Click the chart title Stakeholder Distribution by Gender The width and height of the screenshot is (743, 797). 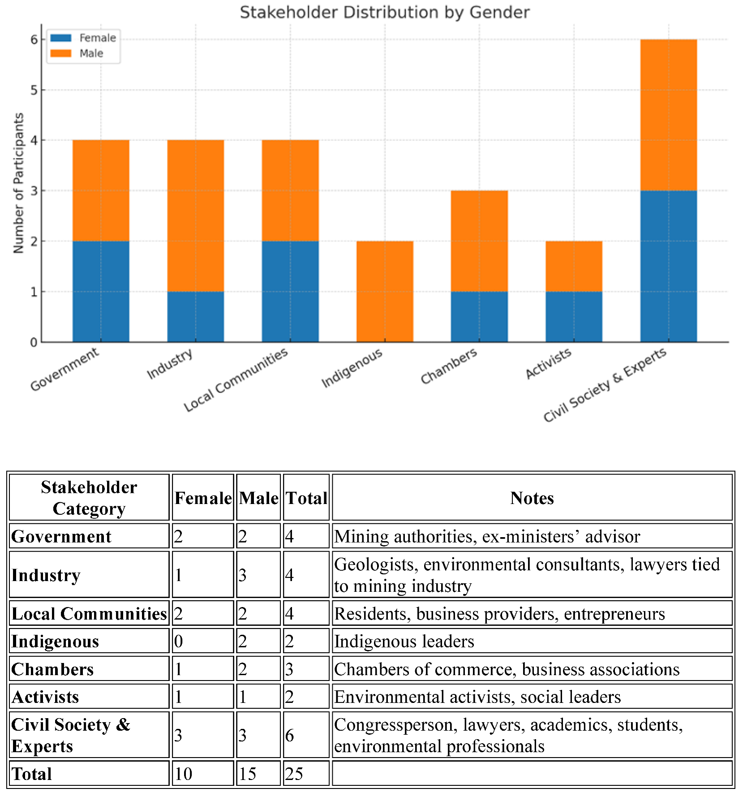(x=384, y=12)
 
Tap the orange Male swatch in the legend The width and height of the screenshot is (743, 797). (x=60, y=53)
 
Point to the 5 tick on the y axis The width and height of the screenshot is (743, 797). (x=34, y=90)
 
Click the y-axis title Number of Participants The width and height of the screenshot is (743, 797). (x=18, y=183)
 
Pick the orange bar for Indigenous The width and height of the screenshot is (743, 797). (x=385, y=291)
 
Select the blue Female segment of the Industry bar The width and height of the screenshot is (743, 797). (x=195, y=317)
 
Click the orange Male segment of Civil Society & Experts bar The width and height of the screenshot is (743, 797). (x=668, y=115)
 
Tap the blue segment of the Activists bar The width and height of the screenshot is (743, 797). (x=574, y=317)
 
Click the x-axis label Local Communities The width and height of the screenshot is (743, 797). (x=236, y=380)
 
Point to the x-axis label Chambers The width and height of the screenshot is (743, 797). (x=449, y=366)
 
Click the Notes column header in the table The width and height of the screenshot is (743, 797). (x=532, y=498)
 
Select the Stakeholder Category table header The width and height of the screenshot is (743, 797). (x=89, y=498)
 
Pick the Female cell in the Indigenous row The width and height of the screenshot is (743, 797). (x=202, y=641)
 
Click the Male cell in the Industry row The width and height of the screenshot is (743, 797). (x=258, y=575)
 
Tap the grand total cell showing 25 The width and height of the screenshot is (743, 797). (x=306, y=774)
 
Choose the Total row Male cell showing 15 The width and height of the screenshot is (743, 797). (x=258, y=774)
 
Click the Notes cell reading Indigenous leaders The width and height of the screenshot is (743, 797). (x=404, y=641)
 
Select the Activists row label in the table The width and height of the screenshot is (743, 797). (x=45, y=697)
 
